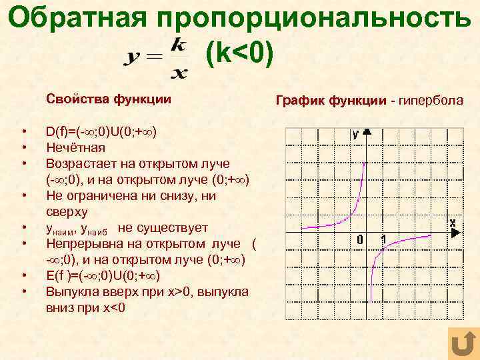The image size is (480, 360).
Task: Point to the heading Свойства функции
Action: (x=109, y=99)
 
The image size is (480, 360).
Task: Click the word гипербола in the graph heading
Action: (x=431, y=101)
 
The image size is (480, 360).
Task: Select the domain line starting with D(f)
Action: (x=101, y=131)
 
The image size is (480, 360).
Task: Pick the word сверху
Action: (x=67, y=212)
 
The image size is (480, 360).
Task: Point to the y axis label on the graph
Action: (x=356, y=133)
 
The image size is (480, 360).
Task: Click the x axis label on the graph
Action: (x=453, y=222)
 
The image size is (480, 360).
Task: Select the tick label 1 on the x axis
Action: (x=383, y=239)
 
